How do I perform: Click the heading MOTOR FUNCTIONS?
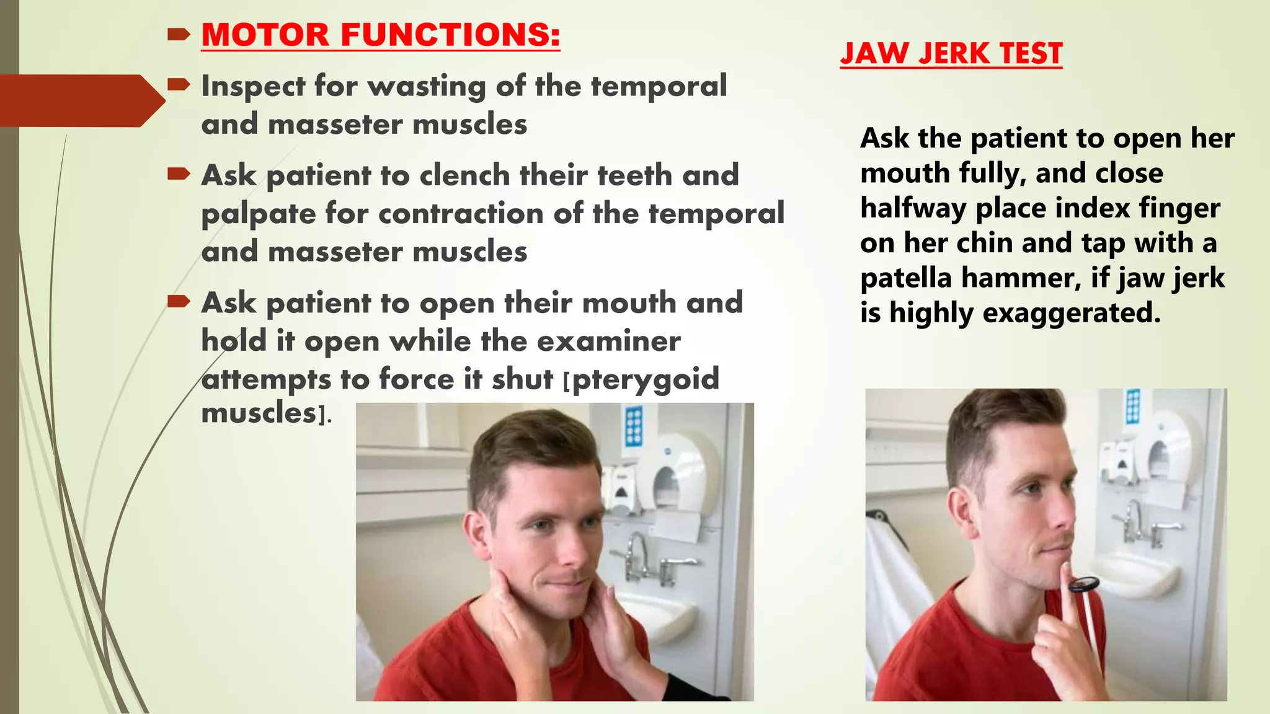pos(381,35)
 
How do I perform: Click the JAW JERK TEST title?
pos(951,53)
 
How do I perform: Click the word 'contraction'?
pos(461,214)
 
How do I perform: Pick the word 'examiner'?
pos(608,342)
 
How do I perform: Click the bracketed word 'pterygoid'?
pos(646,380)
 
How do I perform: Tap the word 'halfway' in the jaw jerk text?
pos(913,209)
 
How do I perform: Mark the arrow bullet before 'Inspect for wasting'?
pos(179,84)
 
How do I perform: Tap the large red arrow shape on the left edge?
pos(81,100)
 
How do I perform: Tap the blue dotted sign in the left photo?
pos(634,426)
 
